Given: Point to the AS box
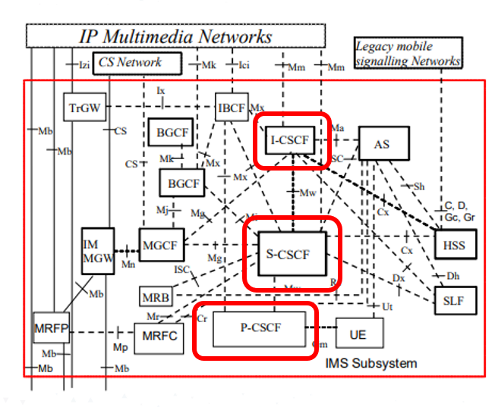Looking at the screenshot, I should click(382, 143).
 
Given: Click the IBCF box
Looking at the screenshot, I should click(231, 108).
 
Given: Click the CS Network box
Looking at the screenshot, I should click(137, 64).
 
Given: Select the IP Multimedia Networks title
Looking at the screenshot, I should click(176, 36).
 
